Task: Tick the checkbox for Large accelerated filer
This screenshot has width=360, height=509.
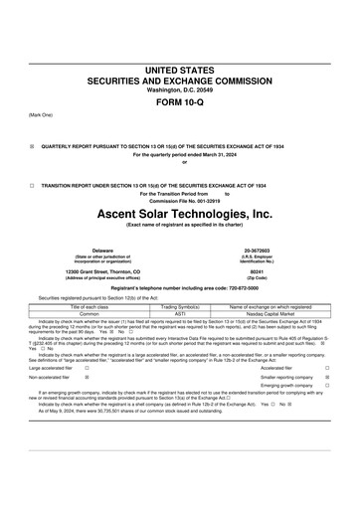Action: (x=88, y=368)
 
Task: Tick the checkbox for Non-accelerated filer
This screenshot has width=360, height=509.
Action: (x=88, y=378)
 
